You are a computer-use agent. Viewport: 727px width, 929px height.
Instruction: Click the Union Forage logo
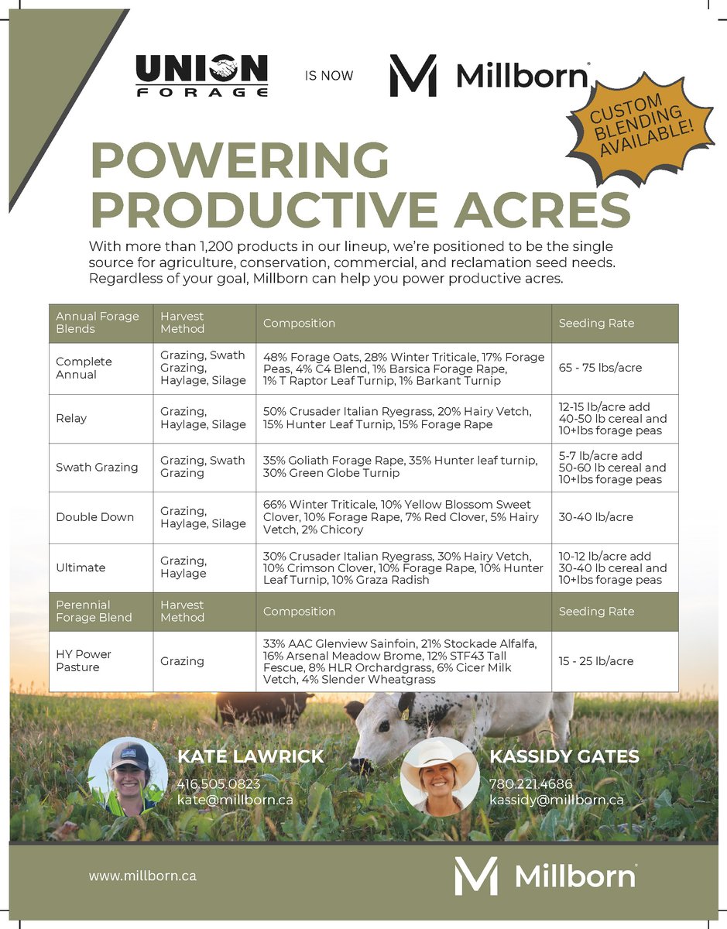point(202,76)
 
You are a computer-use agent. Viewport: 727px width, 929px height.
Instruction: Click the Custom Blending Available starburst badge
point(642,125)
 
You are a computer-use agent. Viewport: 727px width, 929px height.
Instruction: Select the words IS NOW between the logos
point(329,76)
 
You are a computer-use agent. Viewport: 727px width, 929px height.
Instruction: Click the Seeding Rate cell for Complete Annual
point(600,368)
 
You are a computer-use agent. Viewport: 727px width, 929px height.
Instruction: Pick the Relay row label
point(71,418)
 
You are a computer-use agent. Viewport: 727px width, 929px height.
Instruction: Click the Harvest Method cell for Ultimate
point(183,567)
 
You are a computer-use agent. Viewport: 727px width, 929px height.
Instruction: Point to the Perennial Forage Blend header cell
point(94,611)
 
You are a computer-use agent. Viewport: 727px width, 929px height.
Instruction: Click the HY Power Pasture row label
point(84,660)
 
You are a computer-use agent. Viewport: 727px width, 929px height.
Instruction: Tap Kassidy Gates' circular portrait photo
point(440,776)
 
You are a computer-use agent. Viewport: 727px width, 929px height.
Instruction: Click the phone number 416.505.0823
point(218,783)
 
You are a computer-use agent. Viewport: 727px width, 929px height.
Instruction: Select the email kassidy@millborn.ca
point(556,800)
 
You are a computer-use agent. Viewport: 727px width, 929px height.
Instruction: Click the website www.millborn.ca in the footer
point(142,876)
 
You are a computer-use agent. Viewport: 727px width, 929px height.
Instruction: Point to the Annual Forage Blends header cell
point(98,322)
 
